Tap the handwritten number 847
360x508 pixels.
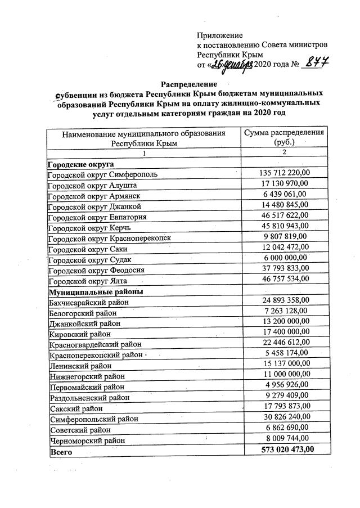[315, 63]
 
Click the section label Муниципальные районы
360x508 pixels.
[96, 291]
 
